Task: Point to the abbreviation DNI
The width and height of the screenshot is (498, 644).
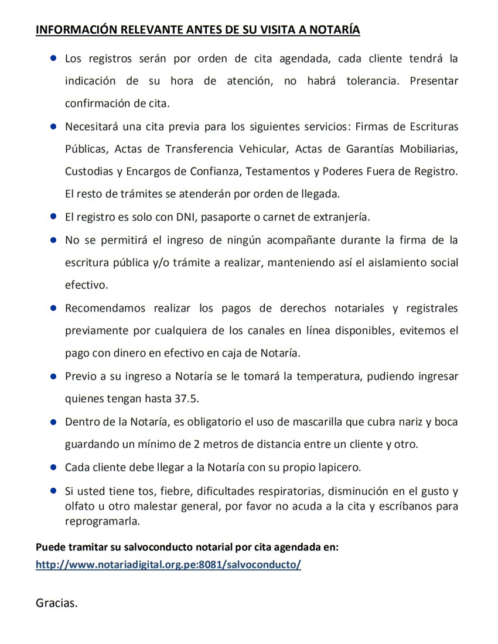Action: point(186,217)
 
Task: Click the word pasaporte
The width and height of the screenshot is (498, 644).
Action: point(230,217)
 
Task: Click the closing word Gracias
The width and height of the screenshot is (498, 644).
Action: point(56,603)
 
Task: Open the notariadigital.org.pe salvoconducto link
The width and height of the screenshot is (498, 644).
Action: point(168,565)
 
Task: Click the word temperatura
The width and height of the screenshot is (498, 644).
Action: point(328,376)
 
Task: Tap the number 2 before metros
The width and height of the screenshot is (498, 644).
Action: point(197,444)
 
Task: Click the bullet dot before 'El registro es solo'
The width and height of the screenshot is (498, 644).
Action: point(53,216)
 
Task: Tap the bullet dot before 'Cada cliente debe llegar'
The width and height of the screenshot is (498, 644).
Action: point(53,467)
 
